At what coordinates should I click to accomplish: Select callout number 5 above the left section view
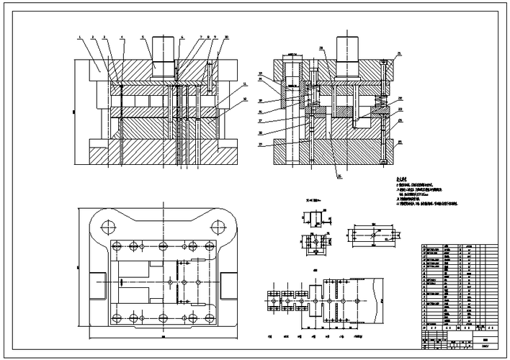[143, 36]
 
